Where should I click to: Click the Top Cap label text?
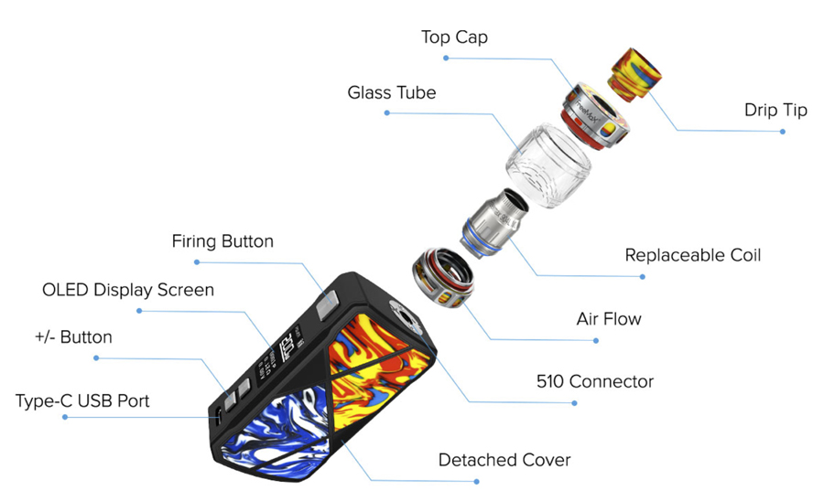(454, 37)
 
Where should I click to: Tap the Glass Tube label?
(392, 92)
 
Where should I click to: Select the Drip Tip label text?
(775, 111)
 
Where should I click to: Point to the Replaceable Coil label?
(693, 255)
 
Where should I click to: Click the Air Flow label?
(609, 318)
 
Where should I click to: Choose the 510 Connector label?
(595, 381)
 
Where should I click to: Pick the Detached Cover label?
(504, 460)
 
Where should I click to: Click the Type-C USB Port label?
(82, 400)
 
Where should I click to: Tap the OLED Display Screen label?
(128, 290)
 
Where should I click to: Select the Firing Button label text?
(222, 241)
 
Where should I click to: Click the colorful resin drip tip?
(634, 74)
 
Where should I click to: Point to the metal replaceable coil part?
(495, 223)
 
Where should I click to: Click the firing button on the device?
(327, 305)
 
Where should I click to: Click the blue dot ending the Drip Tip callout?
(783, 132)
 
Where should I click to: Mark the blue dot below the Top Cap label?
(446, 59)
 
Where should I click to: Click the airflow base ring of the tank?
(443, 278)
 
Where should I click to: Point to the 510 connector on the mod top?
(403, 314)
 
